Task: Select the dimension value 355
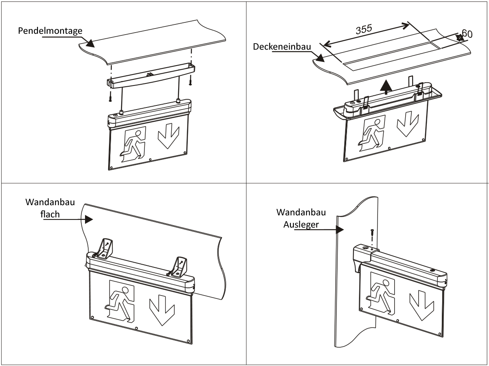(365, 29)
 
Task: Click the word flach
(50, 214)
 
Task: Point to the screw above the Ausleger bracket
(372, 235)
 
